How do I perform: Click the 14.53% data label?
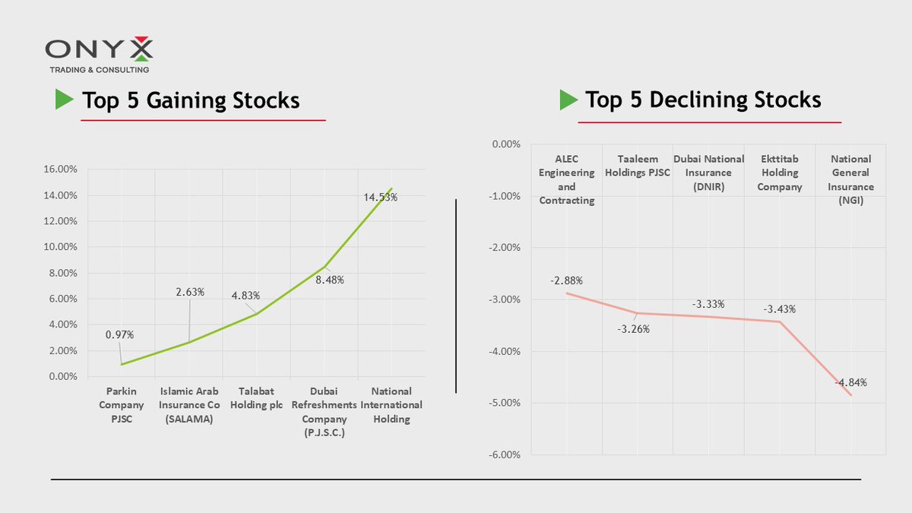click(380, 197)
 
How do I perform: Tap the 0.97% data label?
click(120, 334)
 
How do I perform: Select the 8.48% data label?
click(331, 280)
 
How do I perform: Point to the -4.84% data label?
click(850, 382)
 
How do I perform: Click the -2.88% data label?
click(565, 280)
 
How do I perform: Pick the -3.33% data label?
click(708, 304)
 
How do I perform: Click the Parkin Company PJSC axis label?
click(122, 405)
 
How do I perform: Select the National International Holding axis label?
click(391, 405)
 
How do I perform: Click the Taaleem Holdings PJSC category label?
click(637, 166)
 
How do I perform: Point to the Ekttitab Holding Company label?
click(780, 173)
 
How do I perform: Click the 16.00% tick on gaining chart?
click(61, 169)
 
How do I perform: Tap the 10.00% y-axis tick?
click(61, 247)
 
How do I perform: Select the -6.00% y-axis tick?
click(502, 454)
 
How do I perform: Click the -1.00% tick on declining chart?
click(502, 196)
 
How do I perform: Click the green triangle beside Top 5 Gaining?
click(63, 100)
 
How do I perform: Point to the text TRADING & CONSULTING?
click(99, 70)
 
